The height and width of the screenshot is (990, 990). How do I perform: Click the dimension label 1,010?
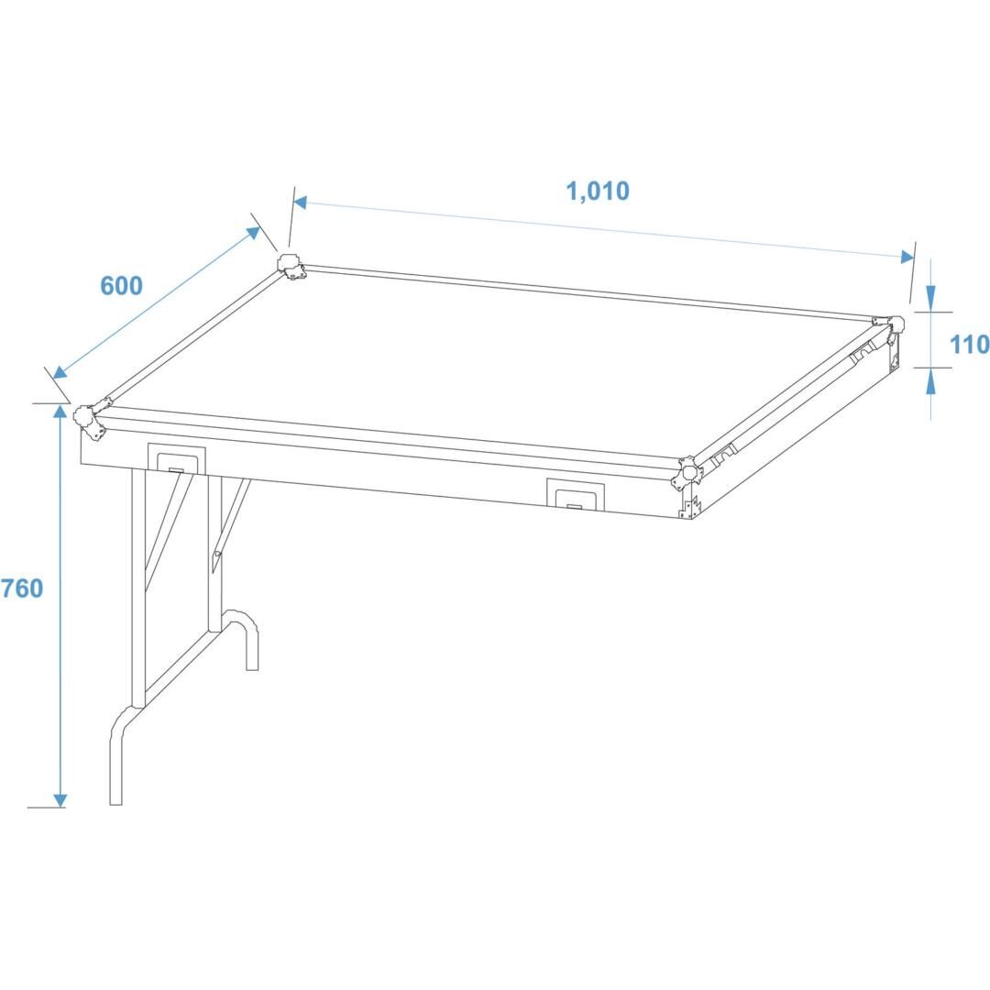click(x=598, y=191)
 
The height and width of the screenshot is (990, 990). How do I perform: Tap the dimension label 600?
click(x=121, y=286)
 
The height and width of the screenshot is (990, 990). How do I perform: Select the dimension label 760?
click(x=21, y=588)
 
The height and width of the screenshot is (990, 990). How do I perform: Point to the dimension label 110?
click(x=969, y=345)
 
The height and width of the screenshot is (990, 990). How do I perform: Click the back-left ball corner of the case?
click(x=291, y=267)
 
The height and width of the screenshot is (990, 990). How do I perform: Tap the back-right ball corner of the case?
click(x=891, y=327)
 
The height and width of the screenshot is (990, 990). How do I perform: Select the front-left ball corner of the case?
click(x=88, y=420)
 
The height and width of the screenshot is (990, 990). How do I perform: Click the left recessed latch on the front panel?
click(x=176, y=458)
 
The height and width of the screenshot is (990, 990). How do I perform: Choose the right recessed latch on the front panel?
click(x=575, y=494)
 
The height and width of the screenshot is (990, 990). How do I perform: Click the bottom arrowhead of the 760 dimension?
click(x=60, y=800)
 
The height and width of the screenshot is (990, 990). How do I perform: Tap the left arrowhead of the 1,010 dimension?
click(x=300, y=202)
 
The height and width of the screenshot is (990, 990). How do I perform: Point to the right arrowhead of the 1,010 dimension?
click(x=907, y=257)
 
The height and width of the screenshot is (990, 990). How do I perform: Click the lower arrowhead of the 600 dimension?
click(x=60, y=372)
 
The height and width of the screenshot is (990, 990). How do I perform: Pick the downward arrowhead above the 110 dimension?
click(x=930, y=295)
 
